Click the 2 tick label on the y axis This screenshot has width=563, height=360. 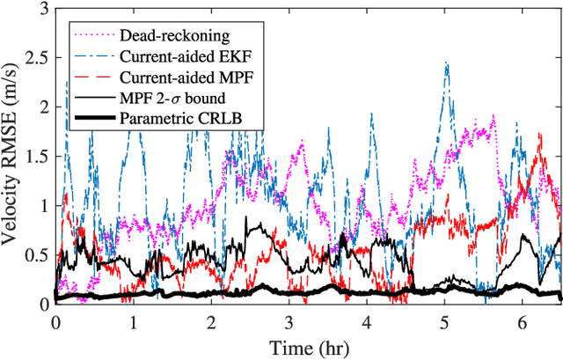[x=42, y=107]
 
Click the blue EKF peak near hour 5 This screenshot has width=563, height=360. [x=447, y=63]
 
